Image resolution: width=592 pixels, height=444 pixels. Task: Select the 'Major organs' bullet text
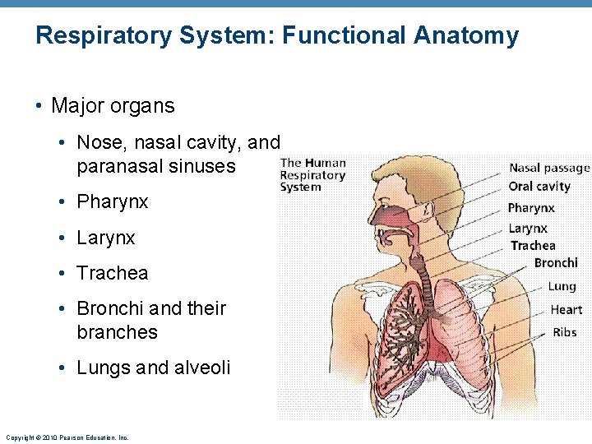(x=113, y=106)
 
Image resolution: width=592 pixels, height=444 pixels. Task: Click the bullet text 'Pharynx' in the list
(x=113, y=202)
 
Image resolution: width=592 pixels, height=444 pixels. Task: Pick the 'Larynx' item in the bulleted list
(x=106, y=238)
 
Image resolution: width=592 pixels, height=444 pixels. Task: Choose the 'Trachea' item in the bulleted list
(x=113, y=273)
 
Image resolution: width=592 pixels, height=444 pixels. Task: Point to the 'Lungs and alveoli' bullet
(x=154, y=368)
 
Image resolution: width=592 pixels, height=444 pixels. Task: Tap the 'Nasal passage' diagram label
(x=549, y=169)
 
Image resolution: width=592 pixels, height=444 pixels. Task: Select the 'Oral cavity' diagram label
(x=539, y=187)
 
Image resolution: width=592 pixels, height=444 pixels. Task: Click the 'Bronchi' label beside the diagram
(x=556, y=263)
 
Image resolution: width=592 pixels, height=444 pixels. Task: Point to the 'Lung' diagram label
(x=562, y=286)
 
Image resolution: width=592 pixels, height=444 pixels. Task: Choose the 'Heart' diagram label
(x=567, y=309)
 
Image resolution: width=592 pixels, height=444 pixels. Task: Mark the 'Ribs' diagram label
(x=565, y=332)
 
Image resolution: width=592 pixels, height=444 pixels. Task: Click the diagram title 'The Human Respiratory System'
(x=312, y=175)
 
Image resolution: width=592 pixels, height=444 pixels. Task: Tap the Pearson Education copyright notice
(x=67, y=437)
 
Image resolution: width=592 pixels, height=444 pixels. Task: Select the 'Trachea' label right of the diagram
(x=533, y=246)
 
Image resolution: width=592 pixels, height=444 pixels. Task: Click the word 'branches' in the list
(x=117, y=332)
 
